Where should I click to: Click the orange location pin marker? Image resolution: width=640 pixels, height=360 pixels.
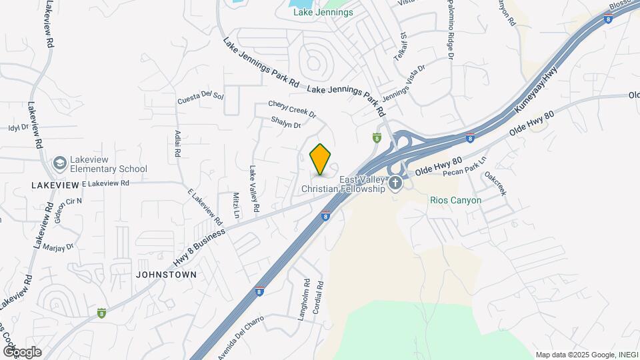click(321, 159)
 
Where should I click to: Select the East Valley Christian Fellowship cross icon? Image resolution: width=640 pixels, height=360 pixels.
click(396, 183)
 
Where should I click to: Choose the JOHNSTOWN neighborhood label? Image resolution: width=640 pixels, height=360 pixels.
click(166, 274)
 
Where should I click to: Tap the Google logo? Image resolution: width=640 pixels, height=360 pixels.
click(22, 352)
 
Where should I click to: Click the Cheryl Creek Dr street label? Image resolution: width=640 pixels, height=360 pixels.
click(291, 109)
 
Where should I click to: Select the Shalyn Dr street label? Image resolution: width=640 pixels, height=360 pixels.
click(286, 123)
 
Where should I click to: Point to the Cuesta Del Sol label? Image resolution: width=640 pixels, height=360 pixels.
click(200, 98)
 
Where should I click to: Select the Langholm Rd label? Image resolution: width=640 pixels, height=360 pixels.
click(304, 301)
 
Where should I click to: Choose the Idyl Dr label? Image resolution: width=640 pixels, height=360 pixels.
click(19, 127)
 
